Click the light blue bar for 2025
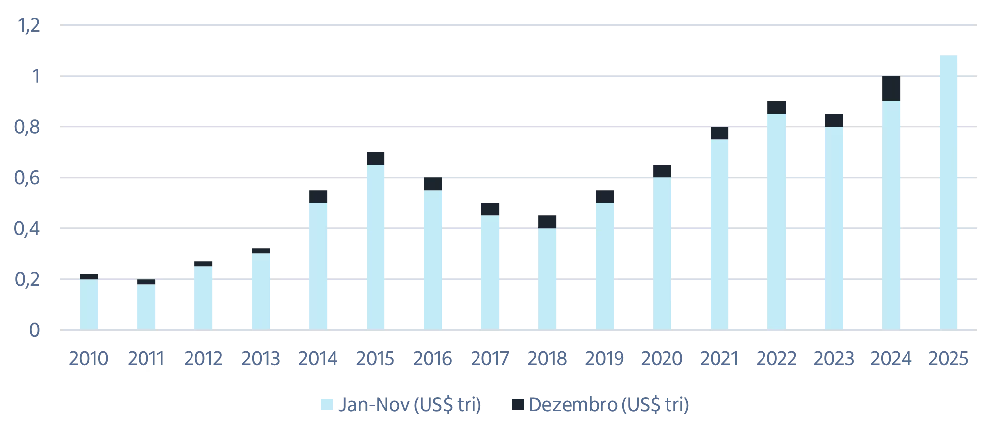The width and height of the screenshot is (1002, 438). pos(949,193)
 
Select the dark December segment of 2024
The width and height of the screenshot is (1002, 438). pos(891,89)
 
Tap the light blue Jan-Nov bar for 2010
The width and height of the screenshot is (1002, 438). pos(89,304)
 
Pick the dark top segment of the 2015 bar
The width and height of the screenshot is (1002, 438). pos(376,158)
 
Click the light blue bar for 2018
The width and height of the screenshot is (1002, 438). pos(547,279)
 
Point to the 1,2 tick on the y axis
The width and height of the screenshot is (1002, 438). pos(29,25)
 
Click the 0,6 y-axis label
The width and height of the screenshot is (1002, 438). pos(27,178)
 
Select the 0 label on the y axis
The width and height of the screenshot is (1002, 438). pos(34,330)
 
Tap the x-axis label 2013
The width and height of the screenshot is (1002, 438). pos(261,359)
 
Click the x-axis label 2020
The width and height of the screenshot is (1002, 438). pos(662,359)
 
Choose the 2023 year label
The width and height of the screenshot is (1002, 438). pos(834,359)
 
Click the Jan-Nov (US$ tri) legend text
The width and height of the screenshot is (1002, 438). pos(409,405)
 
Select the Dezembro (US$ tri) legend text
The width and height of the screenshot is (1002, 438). pos(609,405)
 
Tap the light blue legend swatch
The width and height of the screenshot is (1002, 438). pos(327,405)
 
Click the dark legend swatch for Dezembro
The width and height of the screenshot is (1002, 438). pos(517,405)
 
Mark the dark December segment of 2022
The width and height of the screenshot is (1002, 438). pos(777,107)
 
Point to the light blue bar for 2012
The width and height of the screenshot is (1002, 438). pos(203,298)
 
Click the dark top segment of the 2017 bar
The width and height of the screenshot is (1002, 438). pos(490,209)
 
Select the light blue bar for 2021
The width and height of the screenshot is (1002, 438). pos(719,234)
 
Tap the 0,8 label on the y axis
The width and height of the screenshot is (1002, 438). pos(27,127)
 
